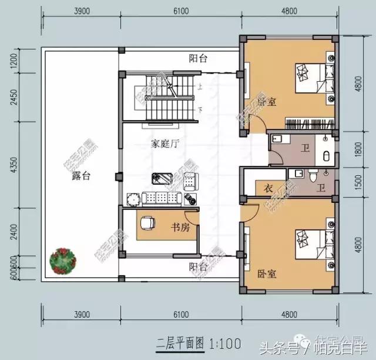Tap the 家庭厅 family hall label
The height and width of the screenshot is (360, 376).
164,143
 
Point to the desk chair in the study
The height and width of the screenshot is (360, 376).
147,224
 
